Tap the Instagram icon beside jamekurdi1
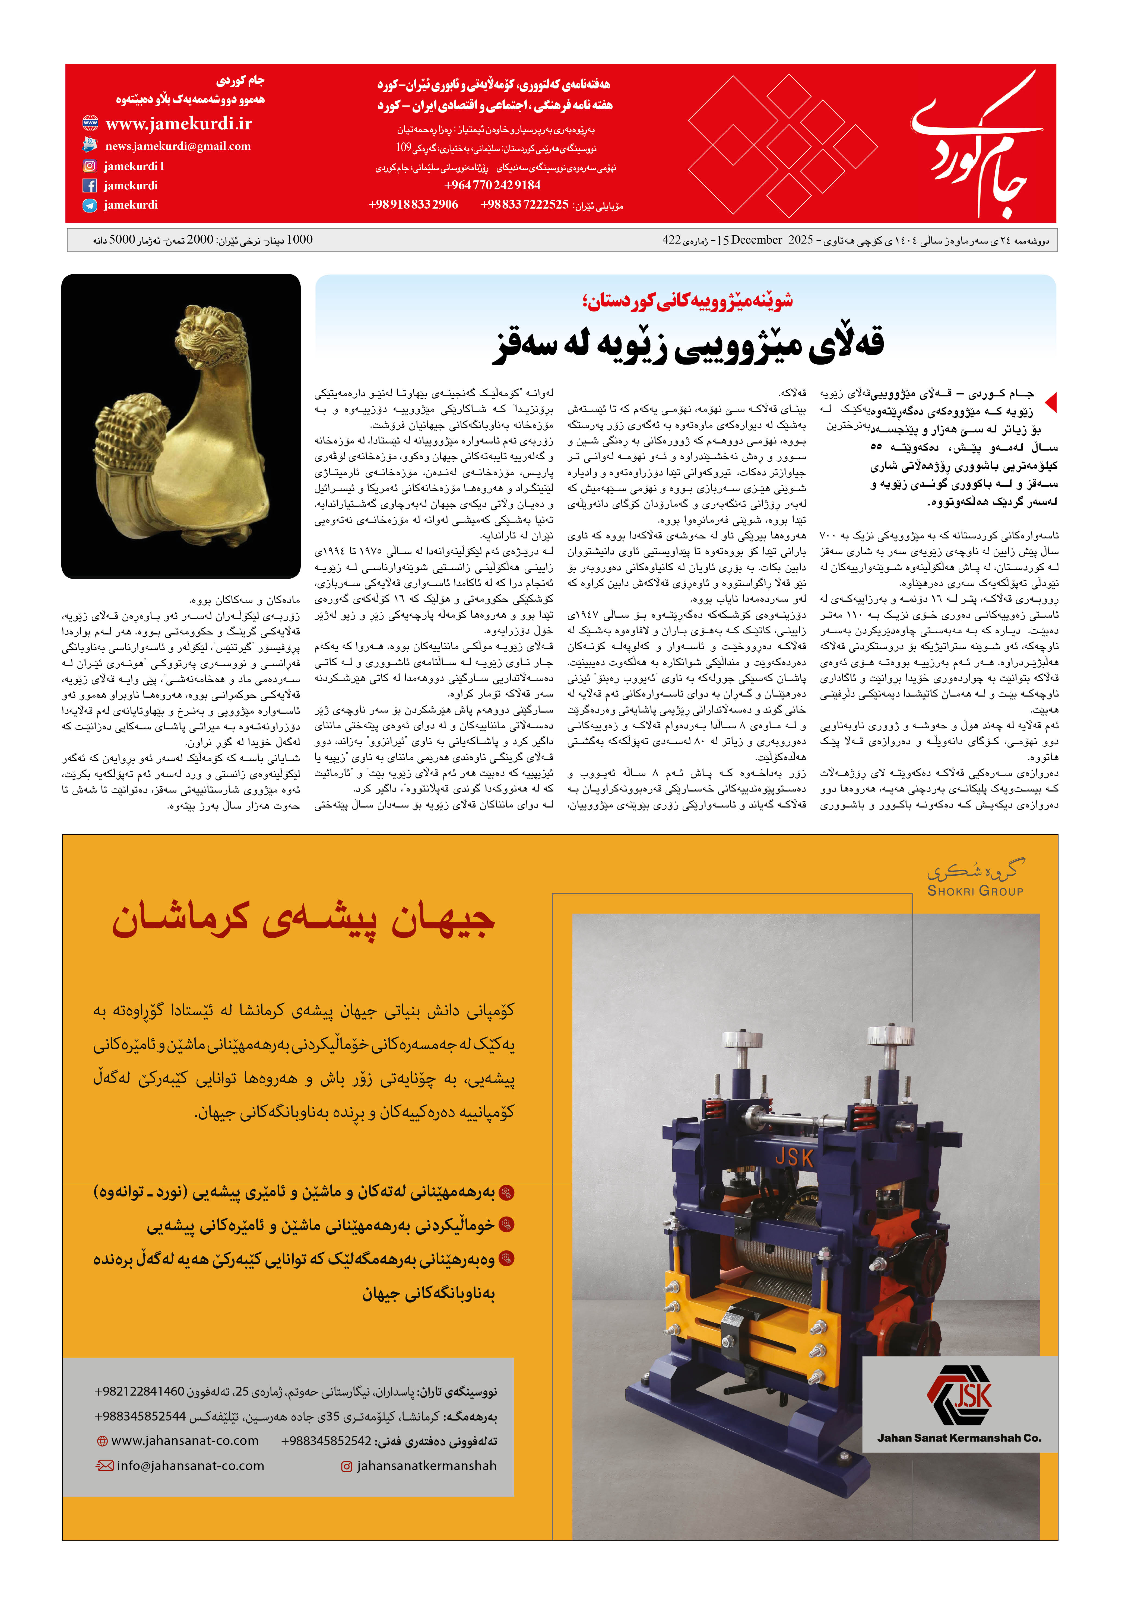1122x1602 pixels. click(x=89, y=166)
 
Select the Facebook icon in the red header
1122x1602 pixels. click(x=89, y=186)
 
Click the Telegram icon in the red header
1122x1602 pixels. click(x=89, y=205)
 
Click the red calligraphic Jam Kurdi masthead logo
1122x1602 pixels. click(x=977, y=146)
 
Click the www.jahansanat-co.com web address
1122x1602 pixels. click(x=185, y=1441)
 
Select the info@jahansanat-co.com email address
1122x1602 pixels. click(x=190, y=1466)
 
